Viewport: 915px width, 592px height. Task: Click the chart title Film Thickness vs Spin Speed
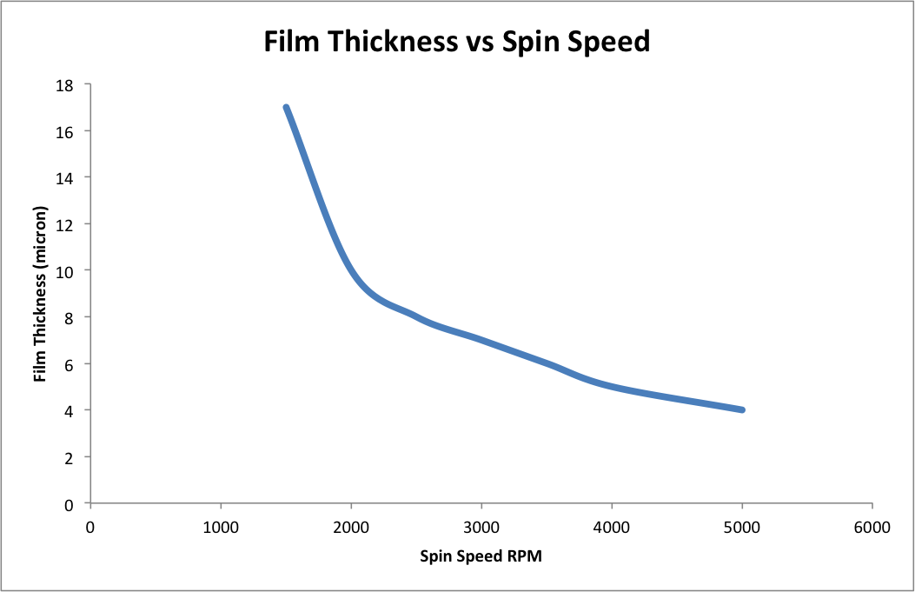coord(457,42)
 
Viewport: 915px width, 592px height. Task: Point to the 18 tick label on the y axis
coord(65,85)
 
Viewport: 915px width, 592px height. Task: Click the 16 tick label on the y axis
coord(65,131)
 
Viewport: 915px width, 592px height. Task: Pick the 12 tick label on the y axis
coord(65,224)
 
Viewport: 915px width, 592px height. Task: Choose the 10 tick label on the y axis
coord(65,270)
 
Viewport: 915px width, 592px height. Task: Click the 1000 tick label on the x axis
coord(221,526)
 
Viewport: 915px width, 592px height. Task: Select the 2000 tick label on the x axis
coord(351,526)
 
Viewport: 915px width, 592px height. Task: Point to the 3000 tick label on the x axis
coord(481,526)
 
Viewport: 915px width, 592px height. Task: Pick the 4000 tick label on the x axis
coord(612,526)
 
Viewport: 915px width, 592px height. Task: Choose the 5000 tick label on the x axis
coord(742,526)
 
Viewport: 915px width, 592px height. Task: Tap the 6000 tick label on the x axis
coord(872,526)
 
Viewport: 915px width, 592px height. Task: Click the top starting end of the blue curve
coord(286,108)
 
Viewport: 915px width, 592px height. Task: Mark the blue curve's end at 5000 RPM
coord(742,409)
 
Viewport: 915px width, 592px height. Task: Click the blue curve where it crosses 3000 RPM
coord(481,340)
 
